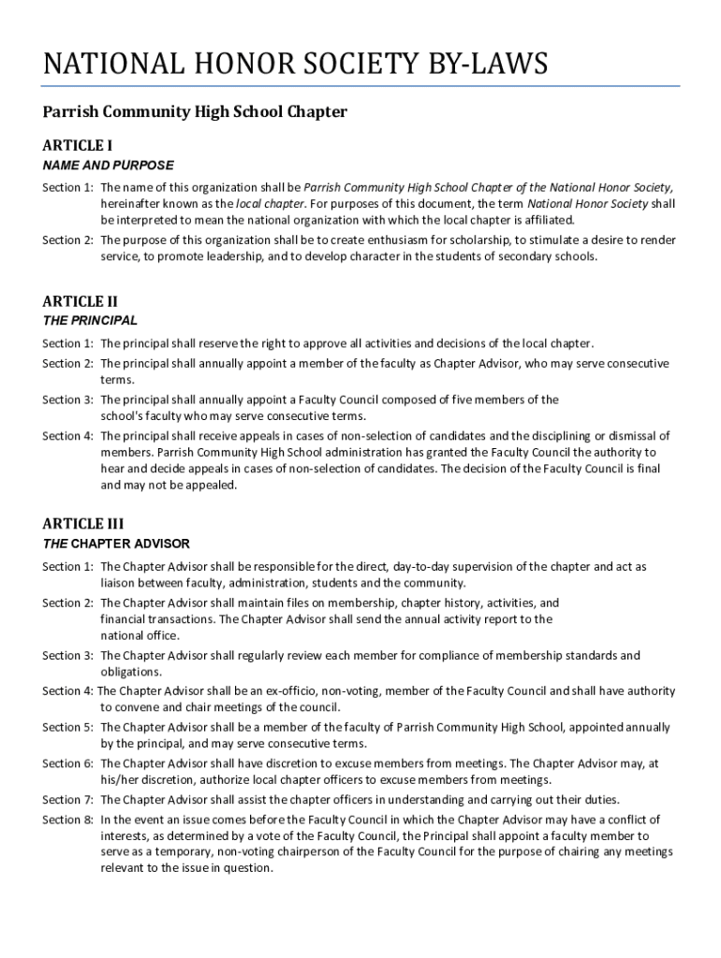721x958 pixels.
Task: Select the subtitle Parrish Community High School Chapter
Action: (x=195, y=112)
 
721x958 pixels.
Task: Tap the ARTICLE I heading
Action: (x=78, y=146)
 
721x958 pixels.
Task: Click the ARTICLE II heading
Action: (x=81, y=301)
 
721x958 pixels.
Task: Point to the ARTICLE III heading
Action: (x=83, y=524)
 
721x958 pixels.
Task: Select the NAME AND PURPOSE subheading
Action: (x=108, y=166)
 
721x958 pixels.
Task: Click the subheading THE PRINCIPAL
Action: (x=90, y=321)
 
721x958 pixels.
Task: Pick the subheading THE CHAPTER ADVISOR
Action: (x=116, y=544)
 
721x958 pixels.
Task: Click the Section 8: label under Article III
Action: (x=67, y=820)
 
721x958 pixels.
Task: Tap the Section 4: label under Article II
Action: (x=67, y=436)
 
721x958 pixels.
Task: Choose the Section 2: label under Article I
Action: (x=67, y=240)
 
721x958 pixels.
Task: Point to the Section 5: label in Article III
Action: (x=67, y=728)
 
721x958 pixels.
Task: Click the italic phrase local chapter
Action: (x=270, y=204)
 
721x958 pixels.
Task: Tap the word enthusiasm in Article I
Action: (x=431, y=240)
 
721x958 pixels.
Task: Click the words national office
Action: (x=140, y=635)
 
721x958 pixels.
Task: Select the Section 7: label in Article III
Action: (x=67, y=800)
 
